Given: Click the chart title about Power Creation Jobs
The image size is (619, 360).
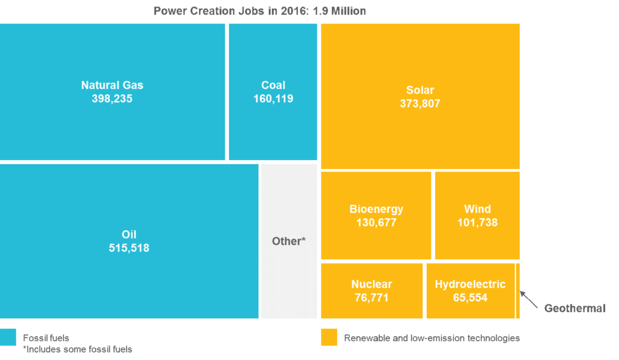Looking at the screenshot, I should [x=259, y=11].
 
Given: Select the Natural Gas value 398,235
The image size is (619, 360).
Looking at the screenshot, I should [x=112, y=98].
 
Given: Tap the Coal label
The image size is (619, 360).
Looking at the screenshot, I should [x=273, y=85].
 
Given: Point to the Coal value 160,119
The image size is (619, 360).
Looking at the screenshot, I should [x=273, y=98].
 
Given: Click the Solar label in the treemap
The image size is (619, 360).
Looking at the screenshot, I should [x=420, y=91].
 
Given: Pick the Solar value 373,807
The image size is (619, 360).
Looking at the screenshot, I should [x=420, y=104].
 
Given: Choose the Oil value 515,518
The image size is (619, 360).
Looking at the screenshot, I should [x=129, y=248].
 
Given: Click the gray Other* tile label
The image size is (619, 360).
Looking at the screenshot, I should [x=289, y=241].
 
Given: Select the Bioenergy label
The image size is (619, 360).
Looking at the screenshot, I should [x=376, y=209].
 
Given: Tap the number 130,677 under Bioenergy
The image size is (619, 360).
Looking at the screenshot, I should [x=376, y=222].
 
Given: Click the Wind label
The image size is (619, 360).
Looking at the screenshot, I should [x=477, y=209].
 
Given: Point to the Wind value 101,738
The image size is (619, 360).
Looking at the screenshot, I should [x=477, y=222].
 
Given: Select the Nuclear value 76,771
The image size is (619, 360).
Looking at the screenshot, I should [x=371, y=297].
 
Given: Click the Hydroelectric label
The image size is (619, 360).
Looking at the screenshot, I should [x=470, y=284].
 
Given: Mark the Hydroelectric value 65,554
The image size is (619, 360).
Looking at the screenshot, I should [x=470, y=297].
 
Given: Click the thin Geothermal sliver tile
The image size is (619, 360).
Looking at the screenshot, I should [x=518, y=291].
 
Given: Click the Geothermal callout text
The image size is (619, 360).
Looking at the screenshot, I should [x=574, y=308].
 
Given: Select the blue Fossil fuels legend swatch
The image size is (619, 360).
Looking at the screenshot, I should [x=8, y=338].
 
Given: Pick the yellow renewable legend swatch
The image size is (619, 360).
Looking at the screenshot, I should [x=329, y=338].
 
